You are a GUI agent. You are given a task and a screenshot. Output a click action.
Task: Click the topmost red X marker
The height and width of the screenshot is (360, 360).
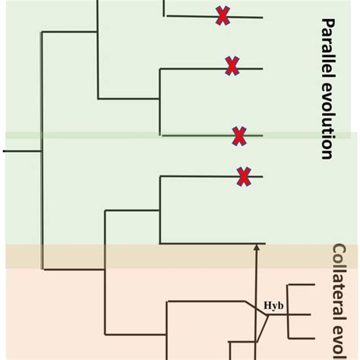[x=223, y=15]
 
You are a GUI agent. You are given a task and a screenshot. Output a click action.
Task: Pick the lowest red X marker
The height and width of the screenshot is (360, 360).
[x=243, y=176]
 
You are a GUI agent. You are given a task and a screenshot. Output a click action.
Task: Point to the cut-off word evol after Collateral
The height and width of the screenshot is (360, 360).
[x=339, y=343]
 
